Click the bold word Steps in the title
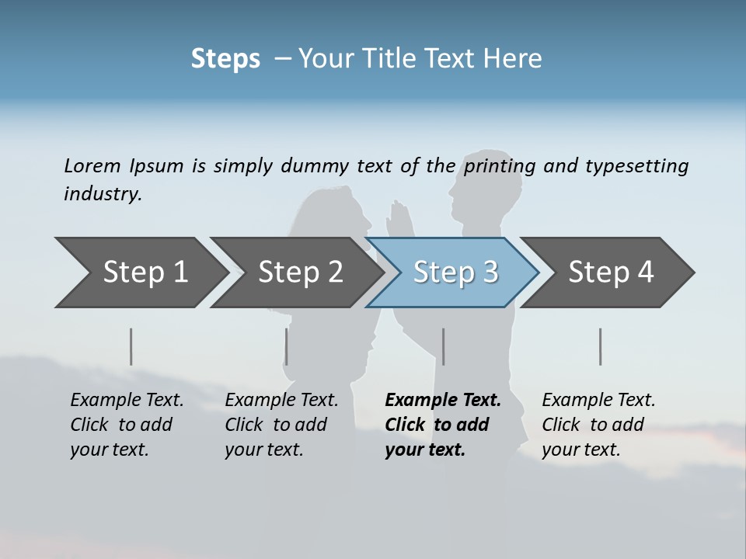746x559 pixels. pos(225,59)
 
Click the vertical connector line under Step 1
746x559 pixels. pos(131,346)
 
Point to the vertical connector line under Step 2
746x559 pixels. pos(287,346)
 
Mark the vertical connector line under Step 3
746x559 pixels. pos(443,346)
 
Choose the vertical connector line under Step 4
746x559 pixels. pos(600,346)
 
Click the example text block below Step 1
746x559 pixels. pos(127,425)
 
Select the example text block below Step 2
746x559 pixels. pos(281,425)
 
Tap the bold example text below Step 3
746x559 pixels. pos(443,425)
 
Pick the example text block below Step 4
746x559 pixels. pos(598,425)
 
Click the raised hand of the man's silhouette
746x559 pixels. pos(398,217)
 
